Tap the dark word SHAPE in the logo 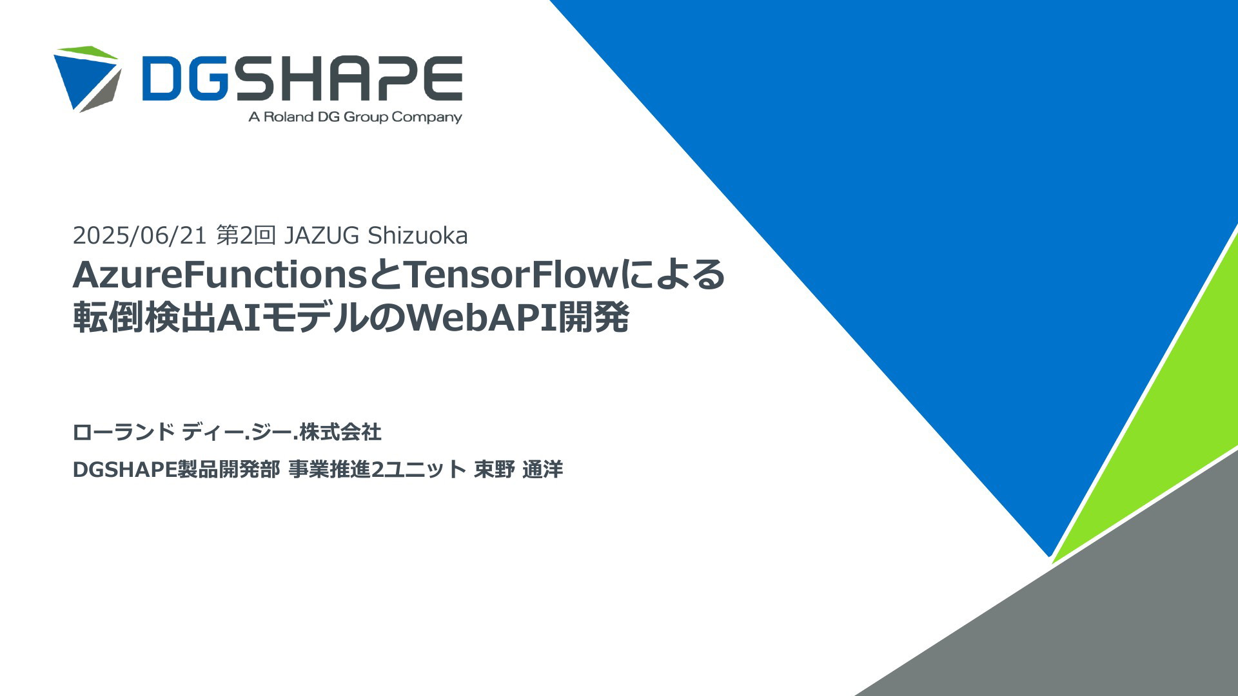(349, 79)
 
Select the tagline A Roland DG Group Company (355, 117)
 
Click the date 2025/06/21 (139, 236)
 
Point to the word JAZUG (322, 236)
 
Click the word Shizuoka (418, 236)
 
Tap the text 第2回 (246, 236)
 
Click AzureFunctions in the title (220, 275)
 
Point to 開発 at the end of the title (593, 318)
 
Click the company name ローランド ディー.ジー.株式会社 (227, 432)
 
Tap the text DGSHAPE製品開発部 (176, 469)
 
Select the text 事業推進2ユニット (377, 469)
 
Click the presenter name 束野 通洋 (518, 469)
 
